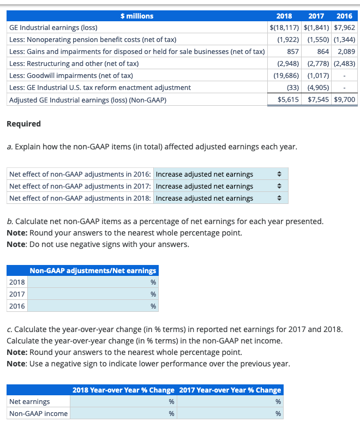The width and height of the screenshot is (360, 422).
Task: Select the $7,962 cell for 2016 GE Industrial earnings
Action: pos(344,27)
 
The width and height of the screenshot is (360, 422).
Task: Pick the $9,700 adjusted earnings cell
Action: pos(344,100)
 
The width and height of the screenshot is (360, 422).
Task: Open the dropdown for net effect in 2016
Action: pos(220,174)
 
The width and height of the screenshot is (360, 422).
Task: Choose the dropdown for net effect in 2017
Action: pos(220,186)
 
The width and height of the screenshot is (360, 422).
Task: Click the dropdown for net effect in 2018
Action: pos(220,198)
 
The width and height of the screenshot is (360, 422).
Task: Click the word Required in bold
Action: pos(23,124)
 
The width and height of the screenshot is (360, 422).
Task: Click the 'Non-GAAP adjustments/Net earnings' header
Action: pos(93,270)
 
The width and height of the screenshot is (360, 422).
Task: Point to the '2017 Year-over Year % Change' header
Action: pos(230,390)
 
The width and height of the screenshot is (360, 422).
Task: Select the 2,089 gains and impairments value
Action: pos(346,52)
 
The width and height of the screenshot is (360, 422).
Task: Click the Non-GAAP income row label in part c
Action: pos(39,414)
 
